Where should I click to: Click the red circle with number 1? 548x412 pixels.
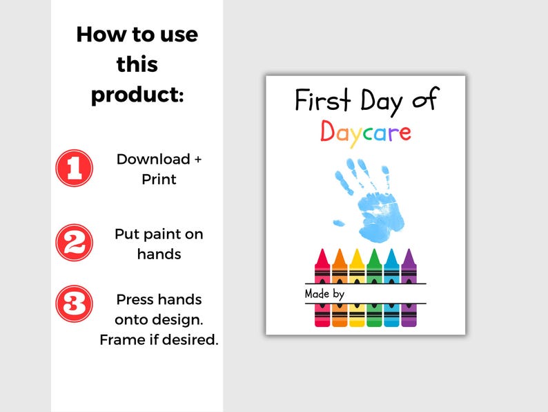click(x=74, y=168)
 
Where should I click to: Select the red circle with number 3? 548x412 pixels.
click(x=74, y=303)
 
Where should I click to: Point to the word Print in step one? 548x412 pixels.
click(x=159, y=179)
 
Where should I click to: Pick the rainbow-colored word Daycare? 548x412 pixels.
click(x=365, y=131)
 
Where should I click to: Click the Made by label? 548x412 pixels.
click(x=324, y=294)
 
